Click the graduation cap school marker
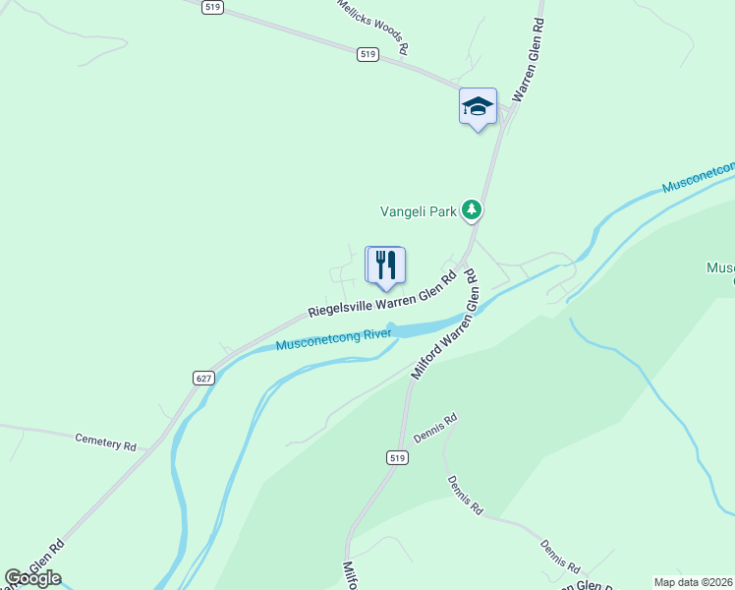click(x=478, y=107)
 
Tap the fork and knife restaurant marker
click(x=385, y=265)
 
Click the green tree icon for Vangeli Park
click(x=473, y=209)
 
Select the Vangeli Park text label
click(x=421, y=211)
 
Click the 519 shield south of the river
click(x=396, y=458)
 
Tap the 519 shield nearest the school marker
click(x=367, y=55)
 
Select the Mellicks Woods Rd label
click(x=371, y=26)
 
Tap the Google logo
click(x=32, y=578)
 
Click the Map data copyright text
click(x=692, y=582)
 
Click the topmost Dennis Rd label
click(x=436, y=430)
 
